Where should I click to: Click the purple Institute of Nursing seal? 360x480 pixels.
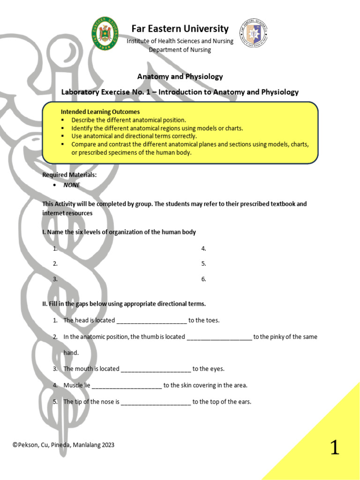pyautogui.click(x=254, y=33)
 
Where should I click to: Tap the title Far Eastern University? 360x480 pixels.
pyautogui.click(x=180, y=29)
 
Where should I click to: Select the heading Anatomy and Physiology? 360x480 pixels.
pyautogui.click(x=180, y=76)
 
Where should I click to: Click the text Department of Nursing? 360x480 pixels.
pyautogui.click(x=180, y=50)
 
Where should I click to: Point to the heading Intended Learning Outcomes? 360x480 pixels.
pyautogui.click(x=100, y=112)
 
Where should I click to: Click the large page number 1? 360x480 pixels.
pyautogui.click(x=334, y=447)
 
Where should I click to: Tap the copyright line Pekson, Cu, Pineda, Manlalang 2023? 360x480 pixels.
pyautogui.click(x=63, y=445)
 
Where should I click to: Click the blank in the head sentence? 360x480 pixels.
pyautogui.click(x=151, y=321)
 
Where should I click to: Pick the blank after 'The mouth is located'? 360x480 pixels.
pyautogui.click(x=156, y=369)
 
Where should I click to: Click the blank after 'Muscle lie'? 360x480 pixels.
pyautogui.click(x=127, y=386)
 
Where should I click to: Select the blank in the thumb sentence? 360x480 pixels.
pyautogui.click(x=219, y=337)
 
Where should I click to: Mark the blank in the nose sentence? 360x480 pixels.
pyautogui.click(x=156, y=402)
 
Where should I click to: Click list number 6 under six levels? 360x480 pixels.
pyautogui.click(x=203, y=279)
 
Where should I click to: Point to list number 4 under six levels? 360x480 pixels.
pyautogui.click(x=203, y=248)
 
